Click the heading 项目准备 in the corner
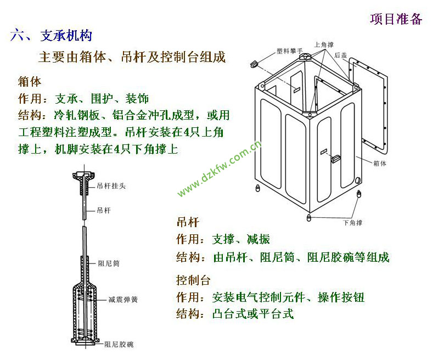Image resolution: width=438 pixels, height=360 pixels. [396, 19]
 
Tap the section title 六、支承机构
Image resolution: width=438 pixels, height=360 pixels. [51, 36]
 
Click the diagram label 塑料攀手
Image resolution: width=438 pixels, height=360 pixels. [289, 51]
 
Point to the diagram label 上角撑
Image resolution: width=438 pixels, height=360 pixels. [324, 44]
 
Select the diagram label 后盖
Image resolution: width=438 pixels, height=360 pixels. [340, 55]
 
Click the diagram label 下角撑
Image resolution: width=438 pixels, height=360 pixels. [352, 223]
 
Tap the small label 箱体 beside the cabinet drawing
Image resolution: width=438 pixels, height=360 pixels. [380, 164]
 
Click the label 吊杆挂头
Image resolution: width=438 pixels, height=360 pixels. [111, 185]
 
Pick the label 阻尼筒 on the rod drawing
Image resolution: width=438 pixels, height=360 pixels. [109, 263]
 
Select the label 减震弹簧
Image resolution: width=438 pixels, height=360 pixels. [123, 300]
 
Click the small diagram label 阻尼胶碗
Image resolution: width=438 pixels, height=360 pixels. [119, 345]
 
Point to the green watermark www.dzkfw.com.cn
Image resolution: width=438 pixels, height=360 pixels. [220, 168]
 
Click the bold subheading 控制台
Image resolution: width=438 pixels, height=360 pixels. [193, 280]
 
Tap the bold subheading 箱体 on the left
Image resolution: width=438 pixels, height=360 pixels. [29, 82]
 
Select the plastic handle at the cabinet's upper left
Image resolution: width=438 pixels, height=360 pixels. [254, 64]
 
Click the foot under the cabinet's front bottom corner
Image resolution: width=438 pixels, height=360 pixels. [308, 217]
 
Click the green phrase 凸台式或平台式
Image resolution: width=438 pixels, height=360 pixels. [253, 314]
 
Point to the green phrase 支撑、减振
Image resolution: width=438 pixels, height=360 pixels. [241, 239]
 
